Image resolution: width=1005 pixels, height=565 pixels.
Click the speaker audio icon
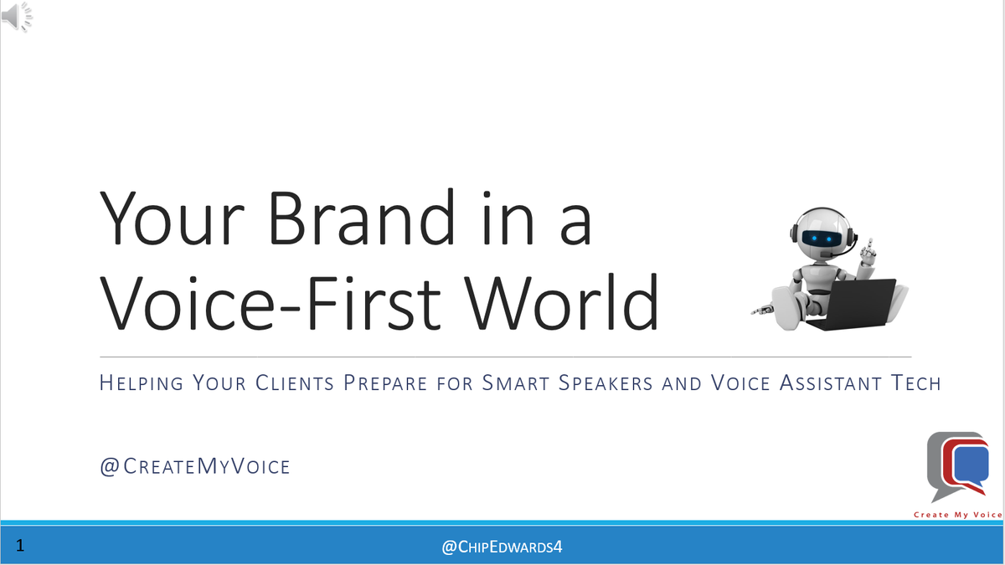point(17,16)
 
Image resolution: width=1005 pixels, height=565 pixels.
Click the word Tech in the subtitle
point(915,383)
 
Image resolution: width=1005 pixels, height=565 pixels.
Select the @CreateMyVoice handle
point(194,466)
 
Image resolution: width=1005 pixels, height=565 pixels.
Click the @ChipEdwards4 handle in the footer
point(502,547)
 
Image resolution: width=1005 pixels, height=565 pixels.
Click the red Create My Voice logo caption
point(957,515)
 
